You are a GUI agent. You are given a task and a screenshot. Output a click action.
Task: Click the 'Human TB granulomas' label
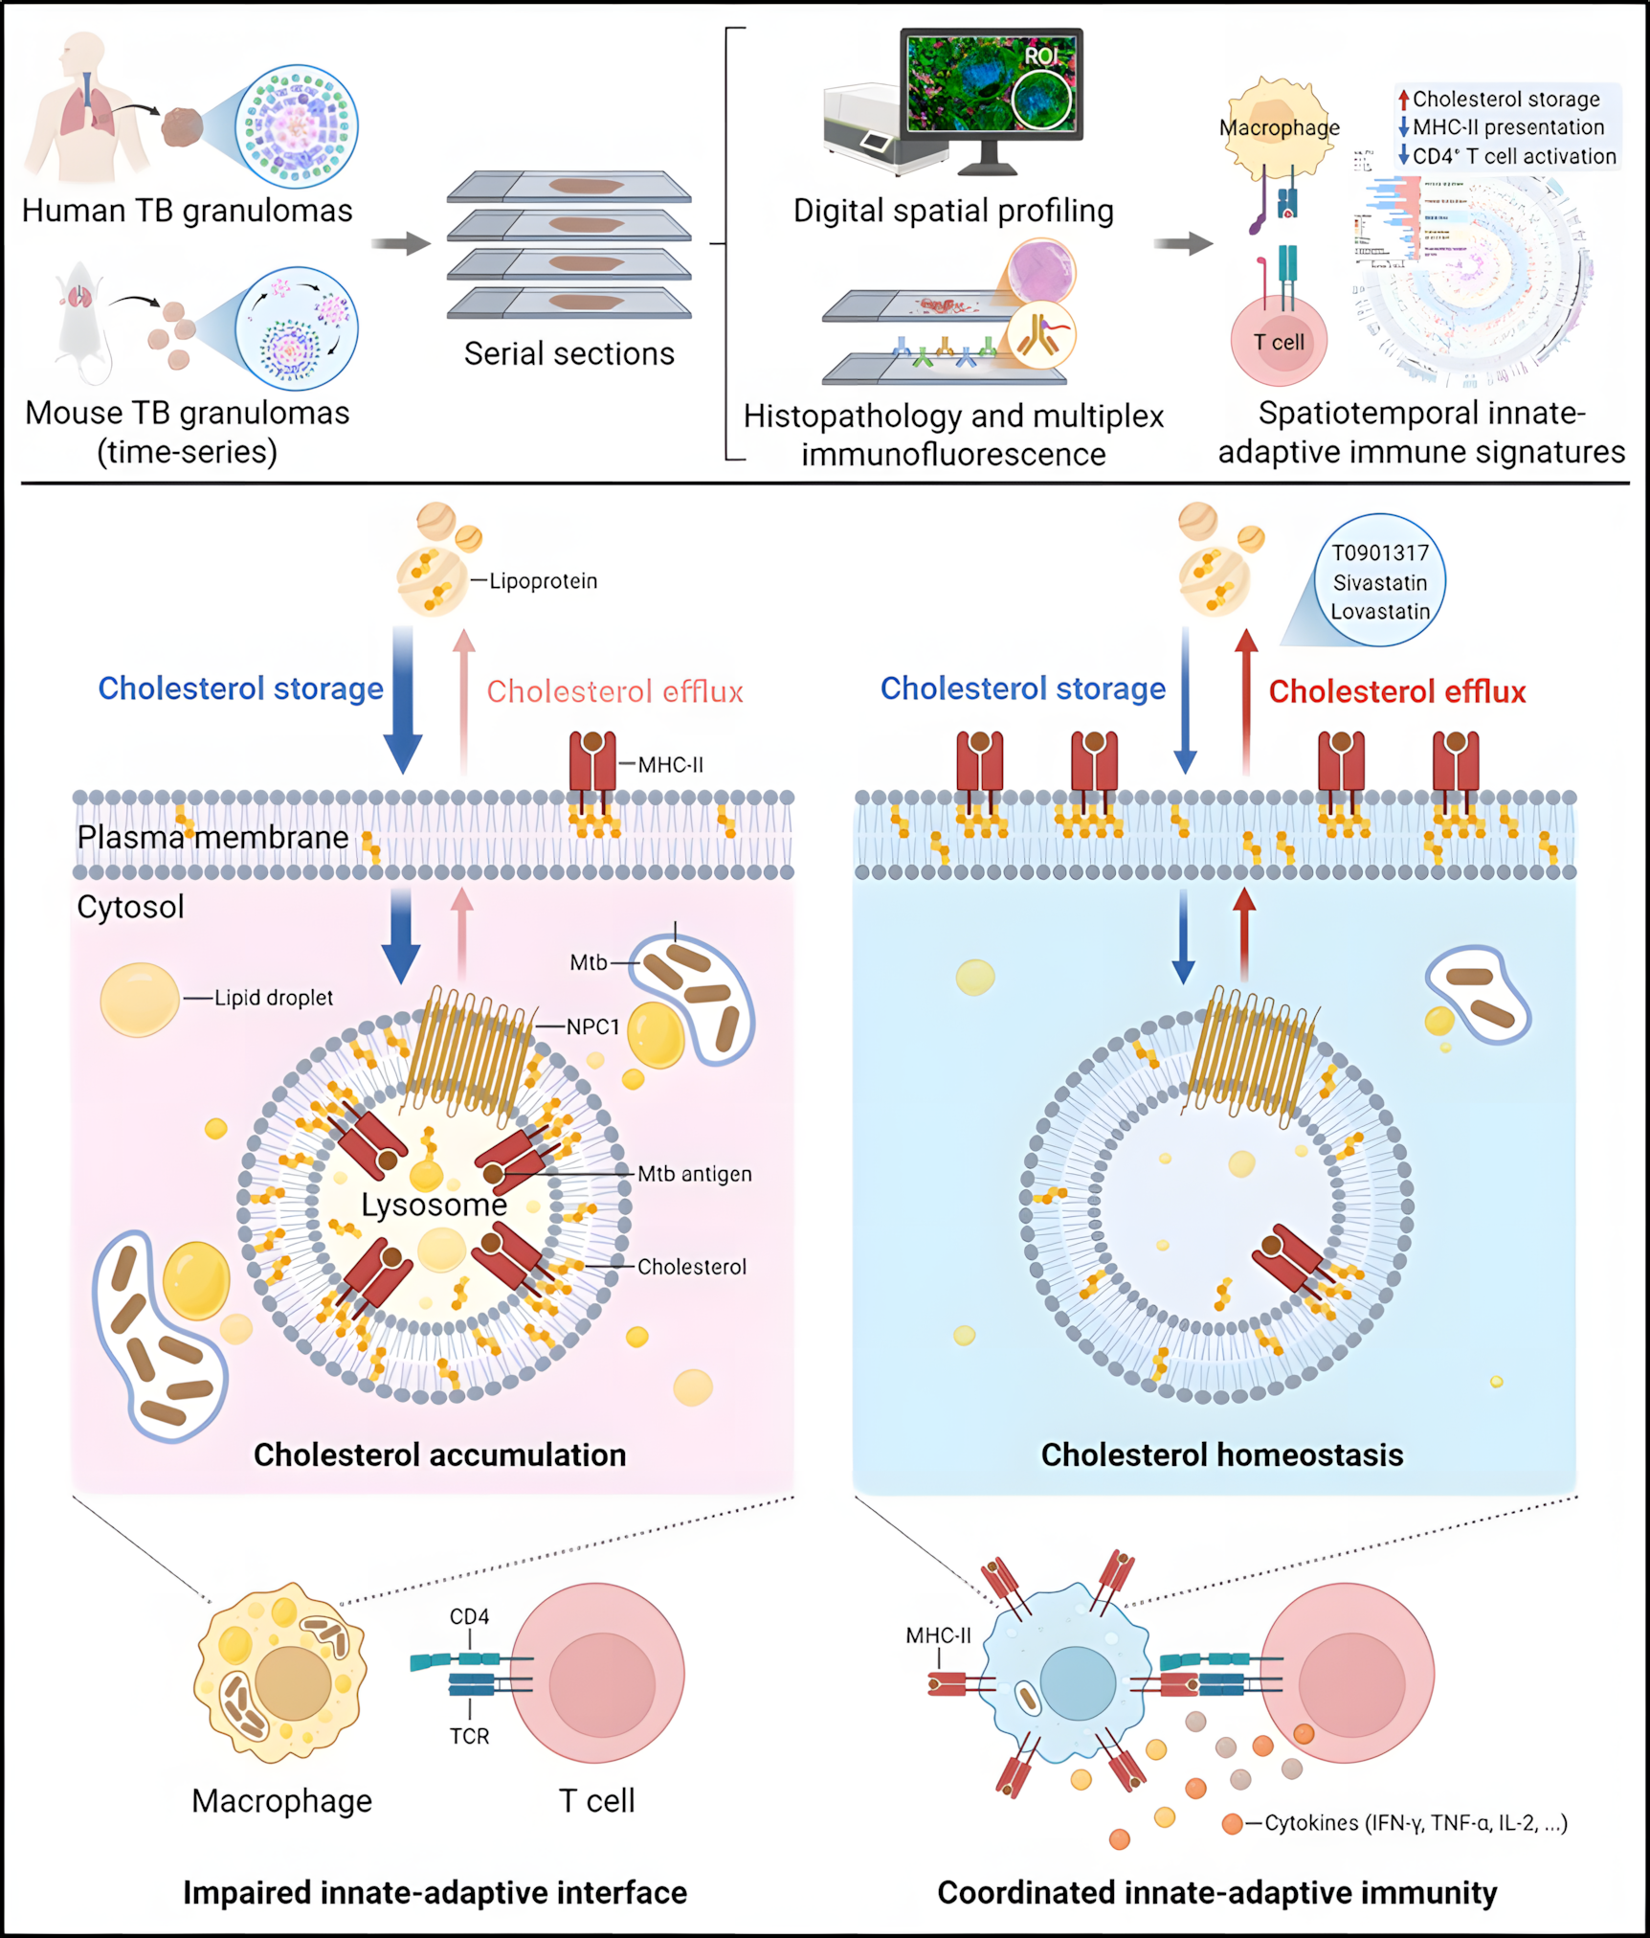click(188, 211)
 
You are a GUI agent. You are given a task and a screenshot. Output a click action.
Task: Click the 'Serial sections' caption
click(569, 354)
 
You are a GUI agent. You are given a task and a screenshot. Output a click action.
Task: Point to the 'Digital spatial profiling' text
click(953, 211)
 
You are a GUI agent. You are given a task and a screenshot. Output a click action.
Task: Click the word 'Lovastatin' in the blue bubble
click(1380, 612)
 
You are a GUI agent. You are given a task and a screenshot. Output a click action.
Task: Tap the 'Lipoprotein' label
click(543, 581)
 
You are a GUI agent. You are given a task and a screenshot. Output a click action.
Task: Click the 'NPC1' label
click(593, 1027)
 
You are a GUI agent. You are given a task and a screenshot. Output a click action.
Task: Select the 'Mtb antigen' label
click(695, 1174)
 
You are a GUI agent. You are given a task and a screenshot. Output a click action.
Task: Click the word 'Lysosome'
click(434, 1205)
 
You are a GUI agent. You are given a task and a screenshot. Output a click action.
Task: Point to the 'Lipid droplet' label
click(274, 998)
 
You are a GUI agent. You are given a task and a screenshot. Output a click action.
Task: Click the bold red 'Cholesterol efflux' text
click(1396, 691)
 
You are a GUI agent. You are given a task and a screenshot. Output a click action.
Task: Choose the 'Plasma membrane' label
click(212, 837)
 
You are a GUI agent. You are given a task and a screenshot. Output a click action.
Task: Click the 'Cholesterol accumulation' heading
click(439, 1455)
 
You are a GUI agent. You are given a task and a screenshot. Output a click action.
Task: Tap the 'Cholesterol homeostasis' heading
click(1222, 1455)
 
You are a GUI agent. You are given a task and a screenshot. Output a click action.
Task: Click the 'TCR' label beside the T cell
click(470, 1737)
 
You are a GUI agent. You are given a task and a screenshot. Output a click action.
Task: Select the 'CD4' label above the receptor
click(470, 1617)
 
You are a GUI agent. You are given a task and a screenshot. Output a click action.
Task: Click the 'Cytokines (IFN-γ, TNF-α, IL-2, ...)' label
click(1416, 1823)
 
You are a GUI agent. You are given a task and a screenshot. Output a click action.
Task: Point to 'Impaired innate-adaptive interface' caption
click(435, 1893)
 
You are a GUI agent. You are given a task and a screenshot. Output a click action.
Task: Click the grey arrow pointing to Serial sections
click(401, 243)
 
